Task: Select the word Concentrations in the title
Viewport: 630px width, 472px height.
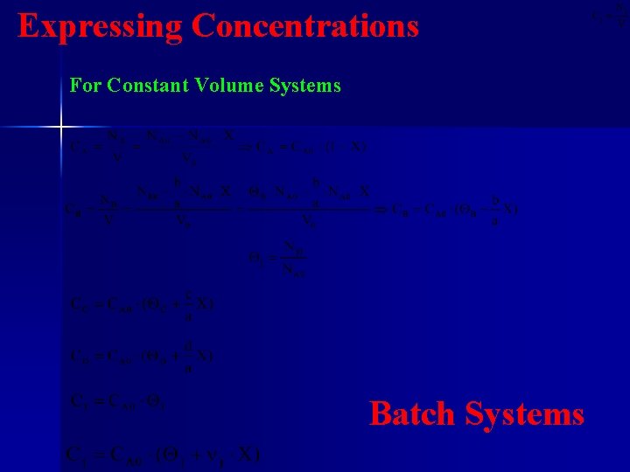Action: [x=305, y=26]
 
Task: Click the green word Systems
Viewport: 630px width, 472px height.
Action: [x=305, y=86]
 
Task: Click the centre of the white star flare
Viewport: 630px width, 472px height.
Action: [x=61, y=128]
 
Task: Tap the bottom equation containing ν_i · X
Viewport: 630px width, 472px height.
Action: [x=163, y=455]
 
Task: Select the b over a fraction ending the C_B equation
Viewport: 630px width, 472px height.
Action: [x=495, y=209]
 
